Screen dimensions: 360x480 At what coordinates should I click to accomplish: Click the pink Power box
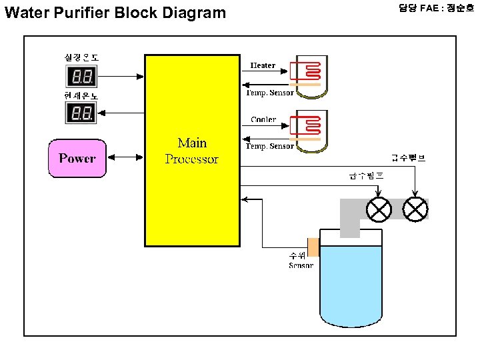click(77, 158)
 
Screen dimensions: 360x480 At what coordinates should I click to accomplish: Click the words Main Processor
click(192, 151)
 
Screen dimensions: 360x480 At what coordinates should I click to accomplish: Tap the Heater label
click(263, 65)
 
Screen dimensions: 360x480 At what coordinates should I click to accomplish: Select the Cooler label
click(263, 119)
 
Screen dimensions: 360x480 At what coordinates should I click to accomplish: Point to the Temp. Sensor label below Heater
click(270, 93)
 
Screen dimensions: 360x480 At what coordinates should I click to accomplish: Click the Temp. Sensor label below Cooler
click(270, 146)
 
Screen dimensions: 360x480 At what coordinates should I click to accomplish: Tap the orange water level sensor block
click(313, 247)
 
